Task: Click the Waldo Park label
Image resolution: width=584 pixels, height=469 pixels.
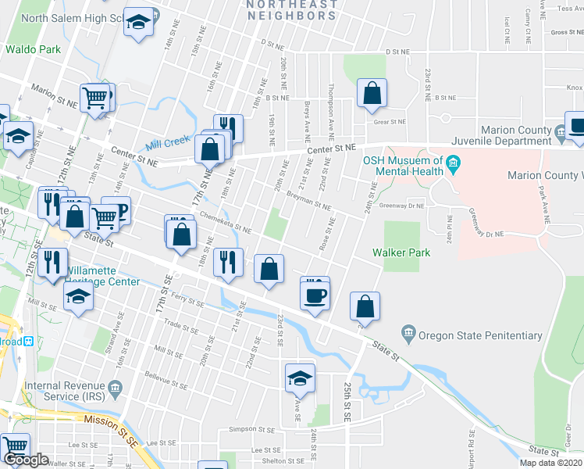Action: point(33,49)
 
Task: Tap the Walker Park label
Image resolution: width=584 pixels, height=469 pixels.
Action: point(402,252)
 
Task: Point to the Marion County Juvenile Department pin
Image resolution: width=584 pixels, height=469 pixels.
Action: point(561,136)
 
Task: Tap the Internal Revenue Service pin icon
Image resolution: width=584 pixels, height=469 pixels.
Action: point(115,386)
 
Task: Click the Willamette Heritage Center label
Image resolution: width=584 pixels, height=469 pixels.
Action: point(101,276)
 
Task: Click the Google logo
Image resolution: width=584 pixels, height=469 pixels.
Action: point(26,459)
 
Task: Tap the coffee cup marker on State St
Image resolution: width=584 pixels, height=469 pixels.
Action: point(315,295)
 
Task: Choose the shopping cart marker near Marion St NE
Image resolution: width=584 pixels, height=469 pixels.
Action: point(95,98)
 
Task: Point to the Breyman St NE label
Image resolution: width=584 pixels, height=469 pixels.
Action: point(308,202)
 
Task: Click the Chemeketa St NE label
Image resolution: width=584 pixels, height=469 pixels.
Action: point(225,224)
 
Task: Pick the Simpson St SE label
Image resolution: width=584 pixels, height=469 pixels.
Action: point(248,429)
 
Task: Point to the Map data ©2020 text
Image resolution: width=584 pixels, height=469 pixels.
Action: point(550,463)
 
